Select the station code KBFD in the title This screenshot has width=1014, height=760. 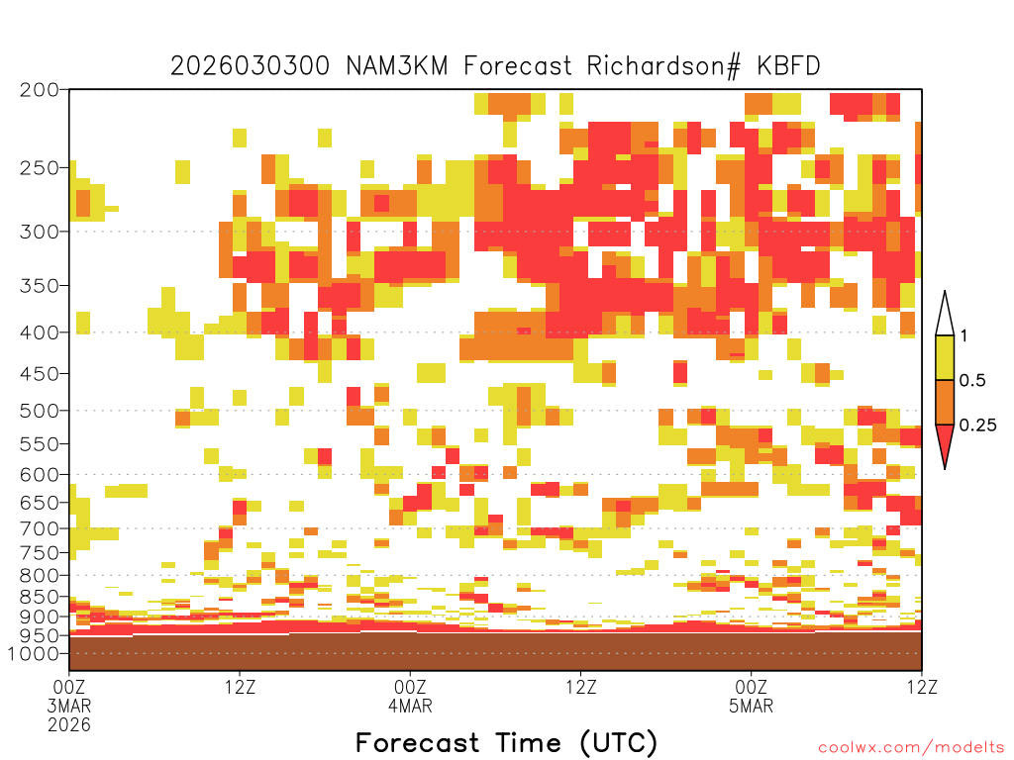pyautogui.click(x=789, y=66)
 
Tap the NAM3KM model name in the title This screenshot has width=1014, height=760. pyautogui.click(x=397, y=66)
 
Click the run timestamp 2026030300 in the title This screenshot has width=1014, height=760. pyautogui.click(x=250, y=66)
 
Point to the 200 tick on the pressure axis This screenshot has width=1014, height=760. pyautogui.click(x=40, y=90)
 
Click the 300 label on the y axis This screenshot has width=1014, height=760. pyautogui.click(x=40, y=232)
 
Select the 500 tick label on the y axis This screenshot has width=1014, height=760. pyautogui.click(x=40, y=411)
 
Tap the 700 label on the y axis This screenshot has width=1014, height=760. pyautogui.click(x=40, y=528)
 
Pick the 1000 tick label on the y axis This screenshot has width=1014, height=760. pyautogui.click(x=34, y=653)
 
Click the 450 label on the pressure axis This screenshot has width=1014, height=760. pyautogui.click(x=40, y=373)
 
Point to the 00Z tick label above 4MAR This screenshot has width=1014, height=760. pyautogui.click(x=410, y=687)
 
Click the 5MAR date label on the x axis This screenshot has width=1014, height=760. pyautogui.click(x=751, y=706)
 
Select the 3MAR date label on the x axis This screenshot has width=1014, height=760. pyautogui.click(x=69, y=706)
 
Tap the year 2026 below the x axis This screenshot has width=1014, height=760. pyautogui.click(x=69, y=725)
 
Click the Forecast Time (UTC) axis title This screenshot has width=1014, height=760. pyautogui.click(x=506, y=743)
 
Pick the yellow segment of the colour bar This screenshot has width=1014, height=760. pyautogui.click(x=945, y=357)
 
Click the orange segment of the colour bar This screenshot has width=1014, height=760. pyautogui.click(x=945, y=402)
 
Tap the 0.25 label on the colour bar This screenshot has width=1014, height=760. pyautogui.click(x=977, y=426)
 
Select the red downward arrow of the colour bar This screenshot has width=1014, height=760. pyautogui.click(x=945, y=442)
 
